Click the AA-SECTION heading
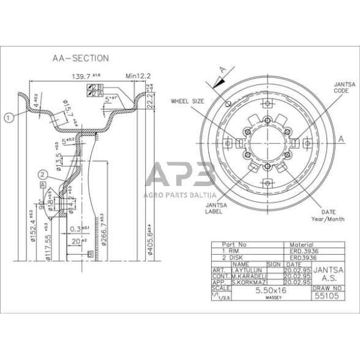pyautogui.click(x=80, y=59)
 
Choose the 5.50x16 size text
pyautogui.click(x=270, y=290)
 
